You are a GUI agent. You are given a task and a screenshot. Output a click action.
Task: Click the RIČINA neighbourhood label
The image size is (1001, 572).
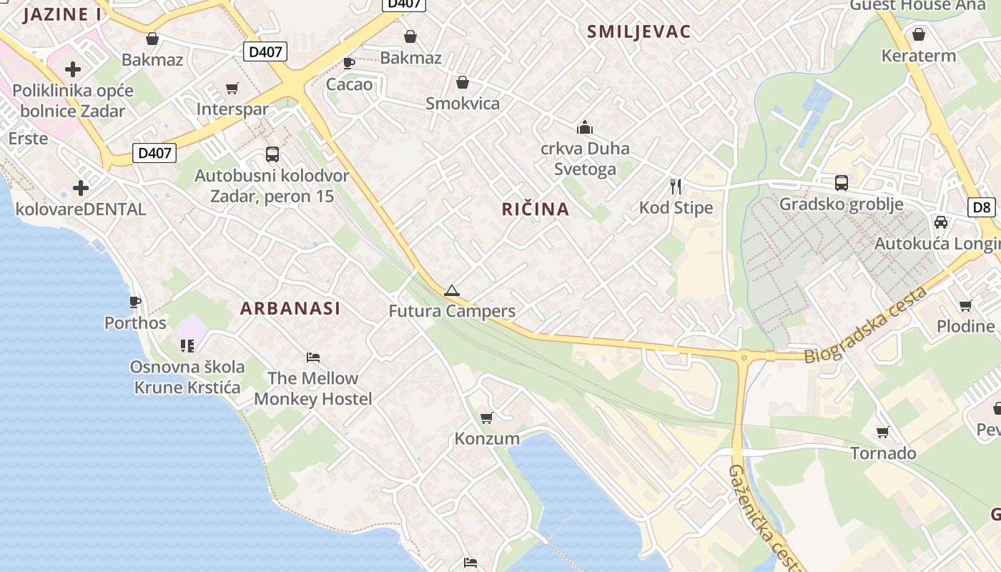pos(535,209)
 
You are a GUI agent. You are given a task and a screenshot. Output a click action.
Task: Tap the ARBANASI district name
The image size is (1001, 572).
pos(290,308)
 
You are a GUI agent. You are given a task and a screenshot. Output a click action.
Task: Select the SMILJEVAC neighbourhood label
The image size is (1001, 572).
pos(638,31)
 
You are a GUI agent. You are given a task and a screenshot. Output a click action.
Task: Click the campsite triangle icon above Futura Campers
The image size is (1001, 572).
pos(451,290)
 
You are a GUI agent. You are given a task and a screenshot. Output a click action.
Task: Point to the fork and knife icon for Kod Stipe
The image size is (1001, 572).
pos(676,187)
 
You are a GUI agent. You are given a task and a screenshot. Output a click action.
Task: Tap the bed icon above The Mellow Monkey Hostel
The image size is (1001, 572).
pos(312,357)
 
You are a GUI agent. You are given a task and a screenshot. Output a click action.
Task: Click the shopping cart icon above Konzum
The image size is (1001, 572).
pos(487,418)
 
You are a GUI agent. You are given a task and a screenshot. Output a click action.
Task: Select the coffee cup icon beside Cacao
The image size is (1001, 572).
pos(349,63)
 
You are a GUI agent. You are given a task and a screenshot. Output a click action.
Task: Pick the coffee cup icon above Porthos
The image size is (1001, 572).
pos(135,302)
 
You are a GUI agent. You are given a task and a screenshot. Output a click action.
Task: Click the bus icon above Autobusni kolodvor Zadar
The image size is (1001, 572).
pos(272,154)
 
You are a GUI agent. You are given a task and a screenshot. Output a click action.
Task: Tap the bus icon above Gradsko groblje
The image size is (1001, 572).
pos(842,182)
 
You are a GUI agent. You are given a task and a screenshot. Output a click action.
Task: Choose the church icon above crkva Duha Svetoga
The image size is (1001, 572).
pos(585,127)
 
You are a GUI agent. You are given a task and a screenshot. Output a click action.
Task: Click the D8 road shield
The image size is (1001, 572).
pos(982,207)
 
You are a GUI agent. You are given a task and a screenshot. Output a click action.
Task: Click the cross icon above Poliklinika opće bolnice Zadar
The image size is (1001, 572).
pos(73,69)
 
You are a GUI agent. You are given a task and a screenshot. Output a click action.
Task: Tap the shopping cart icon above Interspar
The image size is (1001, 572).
pos(232,88)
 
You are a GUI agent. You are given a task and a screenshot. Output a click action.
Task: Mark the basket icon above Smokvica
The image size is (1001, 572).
pos(463,82)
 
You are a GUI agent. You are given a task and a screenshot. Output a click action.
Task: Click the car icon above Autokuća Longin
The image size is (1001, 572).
pos(941,222)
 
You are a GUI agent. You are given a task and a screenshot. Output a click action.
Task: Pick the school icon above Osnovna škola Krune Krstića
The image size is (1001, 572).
pos(187,346)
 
